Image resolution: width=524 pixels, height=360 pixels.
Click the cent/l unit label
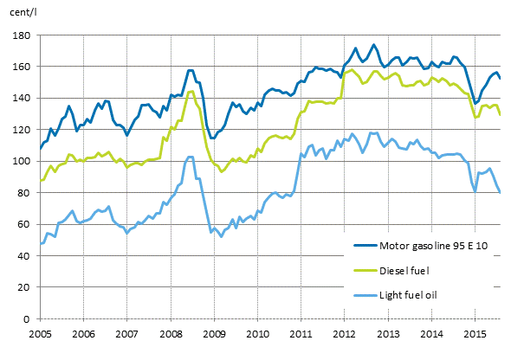pyautogui.click(x=22, y=12)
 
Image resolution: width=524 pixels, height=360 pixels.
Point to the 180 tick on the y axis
pyautogui.click(x=22, y=35)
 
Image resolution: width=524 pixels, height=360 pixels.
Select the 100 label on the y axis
pyautogui.click(x=22, y=162)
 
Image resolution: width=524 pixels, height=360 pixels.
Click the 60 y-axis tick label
pyautogui.click(x=24, y=225)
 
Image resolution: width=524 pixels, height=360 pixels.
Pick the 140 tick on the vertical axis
pyautogui.click(x=22, y=99)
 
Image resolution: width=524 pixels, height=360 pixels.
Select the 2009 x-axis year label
pyautogui.click(x=214, y=333)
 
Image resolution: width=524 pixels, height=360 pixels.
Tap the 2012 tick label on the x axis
pyautogui.click(x=345, y=333)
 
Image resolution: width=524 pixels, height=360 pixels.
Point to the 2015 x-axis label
pyautogui.click(x=475, y=333)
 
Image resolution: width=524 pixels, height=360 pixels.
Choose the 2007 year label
pyautogui.click(x=126, y=333)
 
